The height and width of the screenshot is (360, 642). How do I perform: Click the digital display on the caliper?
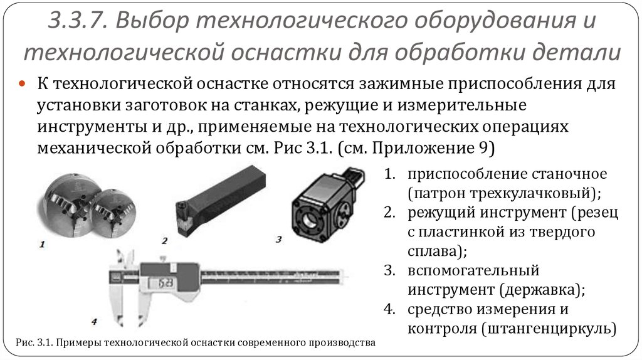coord(160,283)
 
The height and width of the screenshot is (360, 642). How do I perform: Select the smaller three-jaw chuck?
coord(113,213)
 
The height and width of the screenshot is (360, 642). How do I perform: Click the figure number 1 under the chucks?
coord(42,245)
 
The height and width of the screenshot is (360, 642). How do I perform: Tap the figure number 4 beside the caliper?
coord(95,322)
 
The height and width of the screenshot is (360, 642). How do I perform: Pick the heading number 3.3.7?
coord(78,21)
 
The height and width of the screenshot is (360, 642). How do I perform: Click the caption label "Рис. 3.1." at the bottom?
coord(34,342)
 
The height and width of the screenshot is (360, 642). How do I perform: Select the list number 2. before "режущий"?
coord(389,212)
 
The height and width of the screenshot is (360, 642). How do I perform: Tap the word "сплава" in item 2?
coord(434,251)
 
